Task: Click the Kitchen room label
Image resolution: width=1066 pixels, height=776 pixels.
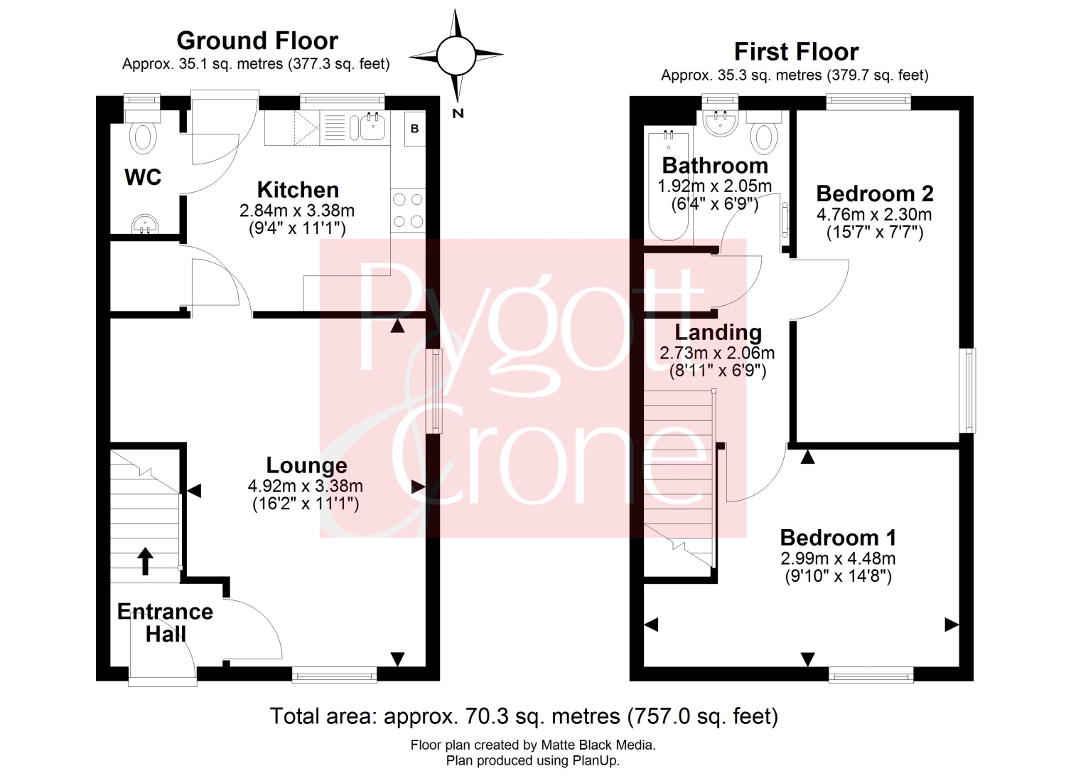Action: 298,190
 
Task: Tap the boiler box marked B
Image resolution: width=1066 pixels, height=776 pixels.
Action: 414,129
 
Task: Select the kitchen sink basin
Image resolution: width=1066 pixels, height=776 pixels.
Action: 372,127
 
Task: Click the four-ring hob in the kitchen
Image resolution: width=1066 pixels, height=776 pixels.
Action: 408,211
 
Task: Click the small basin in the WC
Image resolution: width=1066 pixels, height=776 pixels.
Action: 144,224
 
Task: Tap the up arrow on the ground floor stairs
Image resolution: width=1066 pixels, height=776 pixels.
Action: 146,560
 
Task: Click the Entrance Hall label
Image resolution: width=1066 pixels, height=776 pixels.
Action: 165,623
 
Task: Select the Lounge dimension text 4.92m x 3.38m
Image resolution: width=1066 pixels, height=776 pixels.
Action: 305,486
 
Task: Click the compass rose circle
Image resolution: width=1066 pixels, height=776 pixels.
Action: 456,55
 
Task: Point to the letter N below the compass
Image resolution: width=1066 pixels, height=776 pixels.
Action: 458,113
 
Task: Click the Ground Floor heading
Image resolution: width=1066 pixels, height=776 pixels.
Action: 257,41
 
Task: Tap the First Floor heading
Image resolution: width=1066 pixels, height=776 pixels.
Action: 796,51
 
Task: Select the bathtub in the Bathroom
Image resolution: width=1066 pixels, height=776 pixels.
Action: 668,186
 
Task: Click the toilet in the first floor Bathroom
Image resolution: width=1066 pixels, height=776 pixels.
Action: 764,133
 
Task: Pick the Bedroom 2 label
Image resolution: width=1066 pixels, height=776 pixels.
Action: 875,194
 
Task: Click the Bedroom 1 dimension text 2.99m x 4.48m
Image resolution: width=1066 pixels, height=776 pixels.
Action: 838,558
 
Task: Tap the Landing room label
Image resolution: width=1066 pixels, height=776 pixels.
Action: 718,332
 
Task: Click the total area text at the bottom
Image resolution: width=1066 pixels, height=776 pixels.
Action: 524,716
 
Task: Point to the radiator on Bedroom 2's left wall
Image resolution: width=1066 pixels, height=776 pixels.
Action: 785,220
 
